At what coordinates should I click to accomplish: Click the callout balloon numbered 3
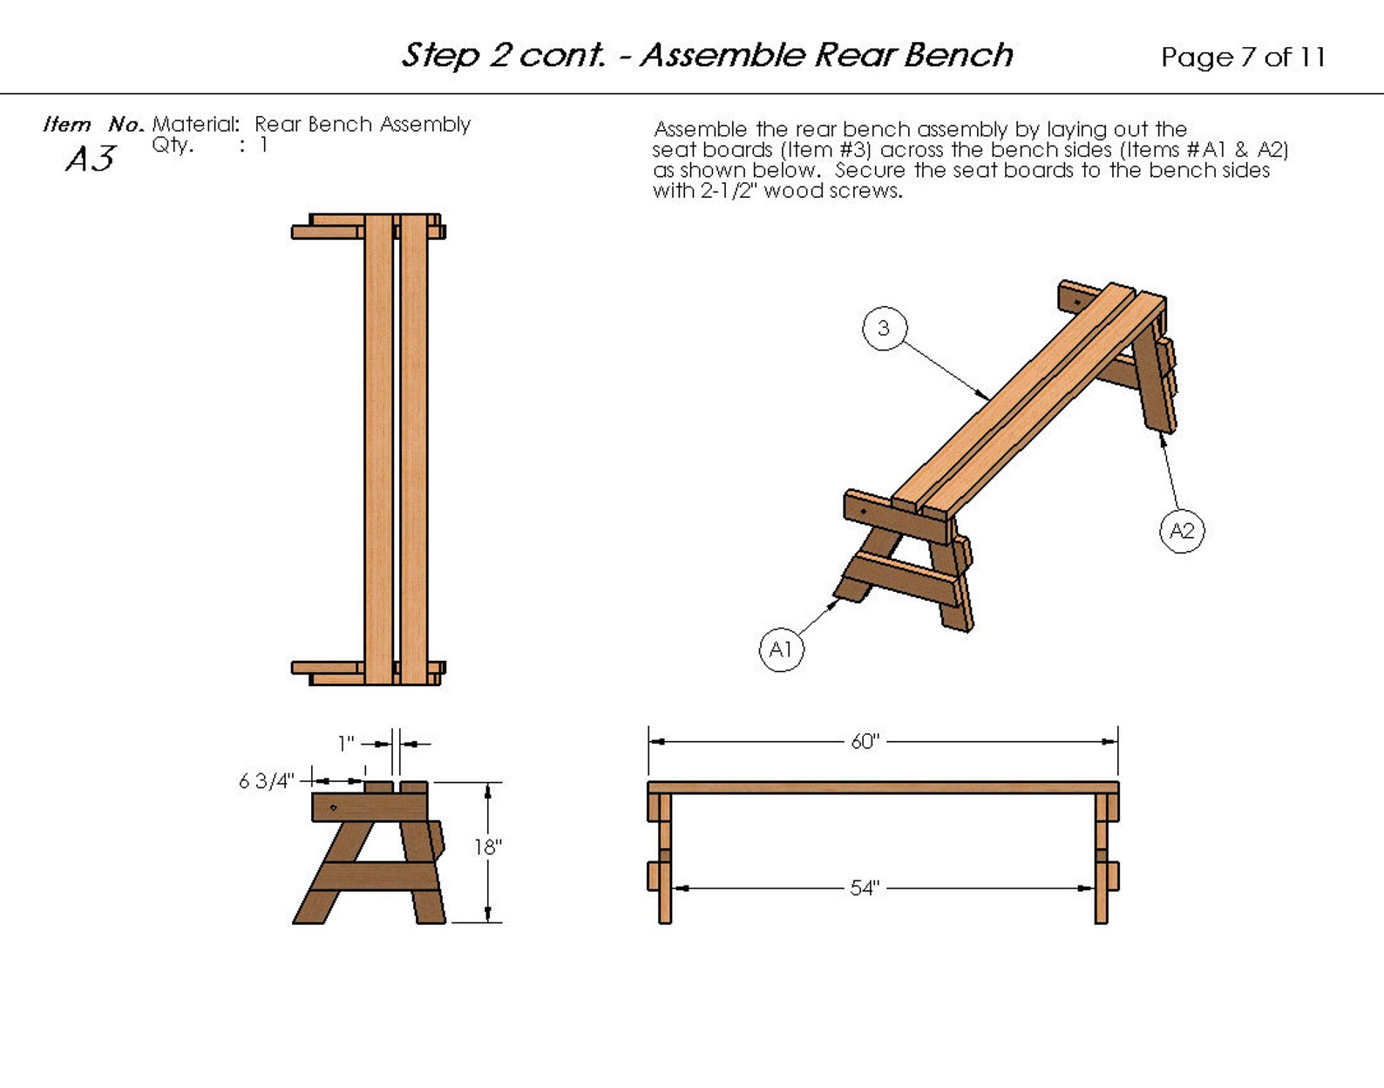tap(884, 329)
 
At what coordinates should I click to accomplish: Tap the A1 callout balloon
tap(781, 649)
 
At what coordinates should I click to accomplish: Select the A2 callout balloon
tap(1182, 531)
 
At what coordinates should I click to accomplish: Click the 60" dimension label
tap(865, 742)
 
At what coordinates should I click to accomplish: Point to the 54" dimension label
tap(865, 888)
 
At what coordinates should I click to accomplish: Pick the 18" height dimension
tap(488, 847)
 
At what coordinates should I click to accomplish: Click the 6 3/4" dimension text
tap(266, 781)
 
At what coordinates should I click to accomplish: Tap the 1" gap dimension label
tap(347, 744)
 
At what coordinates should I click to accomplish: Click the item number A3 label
tap(90, 160)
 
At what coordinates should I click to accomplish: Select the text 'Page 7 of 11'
tap(1243, 58)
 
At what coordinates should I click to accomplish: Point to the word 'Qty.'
tap(173, 145)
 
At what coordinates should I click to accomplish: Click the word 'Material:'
tap(196, 125)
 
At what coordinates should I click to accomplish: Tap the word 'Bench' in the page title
tap(958, 55)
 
